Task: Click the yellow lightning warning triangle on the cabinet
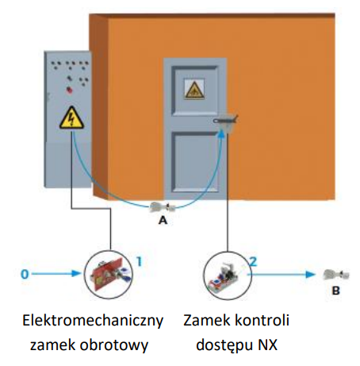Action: tap(71, 118)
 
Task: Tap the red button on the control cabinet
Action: tap(70, 91)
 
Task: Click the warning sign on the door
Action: tap(194, 90)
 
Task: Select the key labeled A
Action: tap(163, 207)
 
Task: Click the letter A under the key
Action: tap(163, 220)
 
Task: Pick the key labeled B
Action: tap(335, 275)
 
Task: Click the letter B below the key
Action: tap(335, 291)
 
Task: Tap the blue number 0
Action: tap(25, 274)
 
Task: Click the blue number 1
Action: tap(140, 262)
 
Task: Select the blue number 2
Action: tap(253, 262)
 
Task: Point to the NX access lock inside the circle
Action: tap(224, 276)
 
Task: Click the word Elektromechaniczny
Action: tap(93, 321)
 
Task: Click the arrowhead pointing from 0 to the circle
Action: tap(77, 274)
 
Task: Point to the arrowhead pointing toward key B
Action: tap(310, 275)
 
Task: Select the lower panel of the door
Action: tap(195, 161)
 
